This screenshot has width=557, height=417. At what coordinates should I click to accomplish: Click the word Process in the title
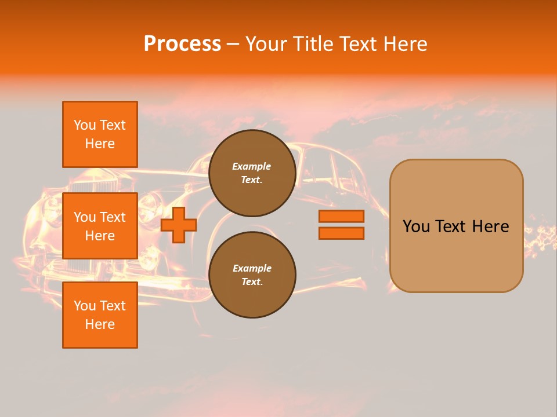point(182,44)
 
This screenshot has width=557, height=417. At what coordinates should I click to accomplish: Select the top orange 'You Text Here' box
point(100,134)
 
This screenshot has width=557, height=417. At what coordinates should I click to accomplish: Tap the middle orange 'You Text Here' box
point(100,226)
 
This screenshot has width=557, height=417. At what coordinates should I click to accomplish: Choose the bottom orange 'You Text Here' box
point(100,315)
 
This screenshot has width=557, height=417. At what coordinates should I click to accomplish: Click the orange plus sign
point(179,225)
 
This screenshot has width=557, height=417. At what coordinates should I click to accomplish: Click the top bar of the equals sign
point(341,216)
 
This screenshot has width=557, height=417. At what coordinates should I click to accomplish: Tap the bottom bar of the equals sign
point(341,233)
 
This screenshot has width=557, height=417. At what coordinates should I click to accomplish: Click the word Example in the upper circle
point(252,166)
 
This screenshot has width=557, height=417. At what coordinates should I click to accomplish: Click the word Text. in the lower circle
point(252,281)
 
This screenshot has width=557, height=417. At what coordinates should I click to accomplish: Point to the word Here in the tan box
point(490,226)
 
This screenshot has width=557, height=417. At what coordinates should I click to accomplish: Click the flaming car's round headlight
point(150,203)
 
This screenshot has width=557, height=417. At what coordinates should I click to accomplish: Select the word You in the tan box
point(416,226)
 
